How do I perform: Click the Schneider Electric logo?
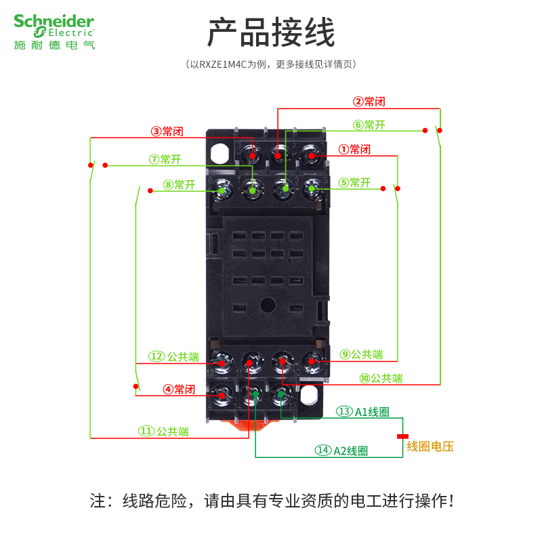click(54, 32)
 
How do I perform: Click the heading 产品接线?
click(271, 32)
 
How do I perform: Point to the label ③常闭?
click(167, 131)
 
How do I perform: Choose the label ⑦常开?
click(166, 159)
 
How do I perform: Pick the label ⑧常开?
click(179, 184)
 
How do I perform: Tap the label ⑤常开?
click(354, 182)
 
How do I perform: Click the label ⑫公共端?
click(174, 356)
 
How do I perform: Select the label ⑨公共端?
click(361, 354)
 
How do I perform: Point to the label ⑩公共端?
click(381, 378)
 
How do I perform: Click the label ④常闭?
click(179, 389)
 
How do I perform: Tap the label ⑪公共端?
click(163, 431)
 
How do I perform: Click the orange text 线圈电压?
click(430, 446)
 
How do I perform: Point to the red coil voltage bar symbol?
click(402, 436)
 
